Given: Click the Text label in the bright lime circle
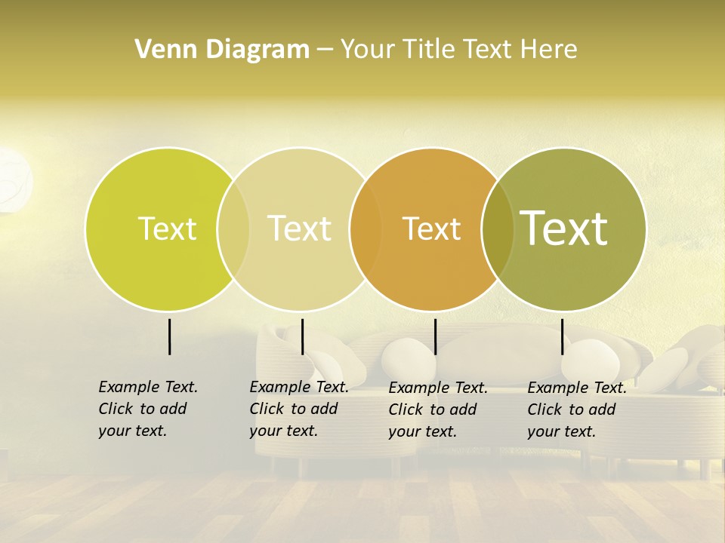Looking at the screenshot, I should click(x=167, y=229).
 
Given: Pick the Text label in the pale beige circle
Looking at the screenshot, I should click(x=299, y=229).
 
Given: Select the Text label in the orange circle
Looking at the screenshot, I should click(x=431, y=229).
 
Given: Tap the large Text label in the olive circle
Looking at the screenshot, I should click(x=564, y=229).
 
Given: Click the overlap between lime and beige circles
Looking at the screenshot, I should click(x=233, y=229).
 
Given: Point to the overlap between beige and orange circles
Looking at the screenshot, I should click(x=366, y=229).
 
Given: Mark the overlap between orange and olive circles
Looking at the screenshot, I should click(x=498, y=229).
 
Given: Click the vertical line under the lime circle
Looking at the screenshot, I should click(x=169, y=336).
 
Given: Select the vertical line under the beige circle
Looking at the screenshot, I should click(x=302, y=336).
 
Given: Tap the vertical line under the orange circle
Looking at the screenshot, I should click(x=435, y=336).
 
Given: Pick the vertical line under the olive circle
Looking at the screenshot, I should click(x=563, y=336).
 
